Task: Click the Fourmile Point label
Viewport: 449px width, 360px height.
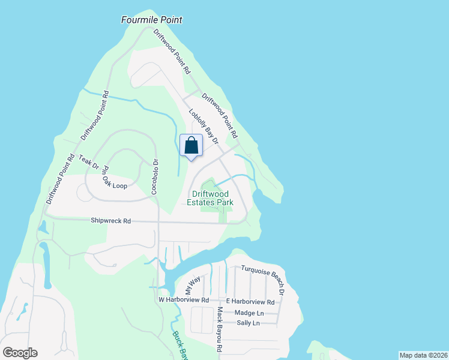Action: pyautogui.click(x=152, y=20)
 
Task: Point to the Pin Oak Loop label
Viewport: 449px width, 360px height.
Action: pyautogui.click(x=114, y=178)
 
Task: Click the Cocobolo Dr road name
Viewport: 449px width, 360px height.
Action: pyautogui.click(x=155, y=175)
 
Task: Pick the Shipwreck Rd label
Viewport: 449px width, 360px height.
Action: pyautogui.click(x=110, y=221)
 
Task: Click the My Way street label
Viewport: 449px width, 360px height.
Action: pyautogui.click(x=193, y=284)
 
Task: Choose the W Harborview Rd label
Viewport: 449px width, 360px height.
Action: pyautogui.click(x=183, y=300)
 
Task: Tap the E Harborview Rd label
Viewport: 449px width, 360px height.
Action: pyautogui.click(x=250, y=302)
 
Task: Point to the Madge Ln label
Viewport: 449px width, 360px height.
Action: pyautogui.click(x=249, y=313)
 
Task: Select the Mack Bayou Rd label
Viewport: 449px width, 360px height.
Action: pyautogui.click(x=220, y=329)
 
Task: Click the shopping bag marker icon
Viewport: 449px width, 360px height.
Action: pyautogui.click(x=191, y=146)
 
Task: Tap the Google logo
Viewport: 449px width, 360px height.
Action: pyautogui.click(x=20, y=353)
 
